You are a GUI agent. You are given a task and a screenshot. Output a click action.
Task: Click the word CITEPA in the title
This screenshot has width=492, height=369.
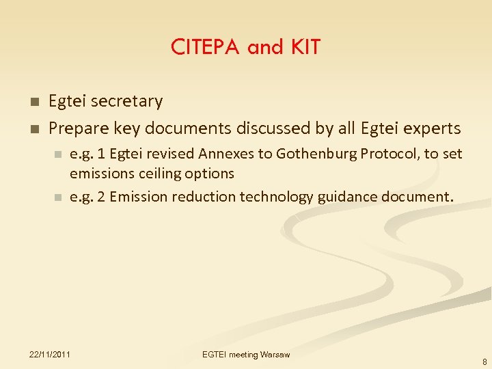[205, 47]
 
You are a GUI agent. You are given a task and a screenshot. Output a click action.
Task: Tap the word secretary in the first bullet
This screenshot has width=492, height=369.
[127, 102]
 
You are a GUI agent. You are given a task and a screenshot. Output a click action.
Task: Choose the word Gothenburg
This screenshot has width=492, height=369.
[329, 154]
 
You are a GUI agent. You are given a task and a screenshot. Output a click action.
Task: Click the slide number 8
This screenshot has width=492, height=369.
[484, 362]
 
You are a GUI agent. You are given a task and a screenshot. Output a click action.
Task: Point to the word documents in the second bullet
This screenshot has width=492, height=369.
[194, 128]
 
